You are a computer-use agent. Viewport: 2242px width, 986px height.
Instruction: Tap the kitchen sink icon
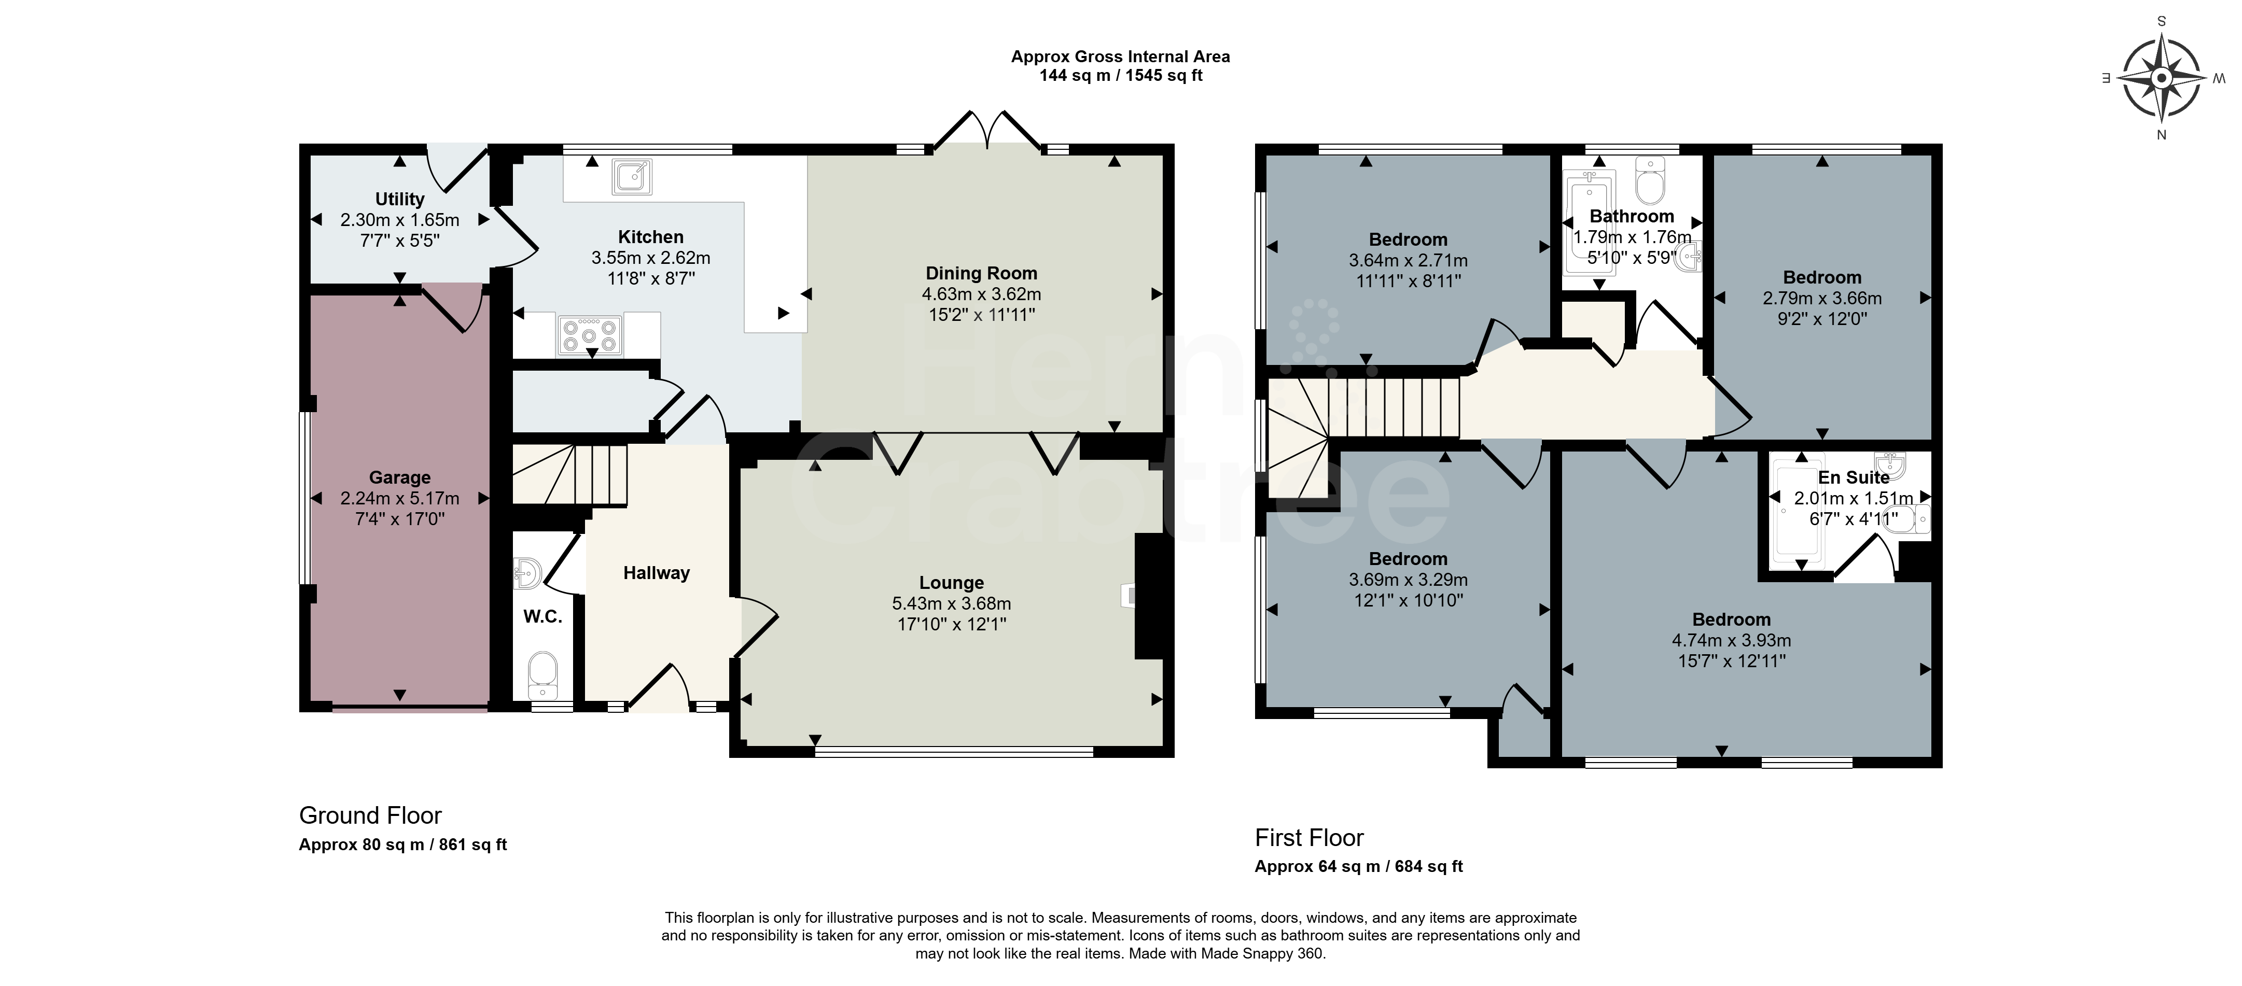632,177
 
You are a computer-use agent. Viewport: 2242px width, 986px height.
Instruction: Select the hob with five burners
589,334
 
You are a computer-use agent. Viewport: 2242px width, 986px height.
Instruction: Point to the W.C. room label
542,617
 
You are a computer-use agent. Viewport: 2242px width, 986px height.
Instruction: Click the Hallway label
656,573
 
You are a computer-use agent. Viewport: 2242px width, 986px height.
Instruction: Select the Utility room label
399,199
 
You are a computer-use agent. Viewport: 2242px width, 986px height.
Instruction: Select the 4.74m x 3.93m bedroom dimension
1731,641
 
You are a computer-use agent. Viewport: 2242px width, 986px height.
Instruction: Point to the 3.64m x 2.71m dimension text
1408,260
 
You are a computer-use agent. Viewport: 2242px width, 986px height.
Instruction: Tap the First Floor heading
1309,838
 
